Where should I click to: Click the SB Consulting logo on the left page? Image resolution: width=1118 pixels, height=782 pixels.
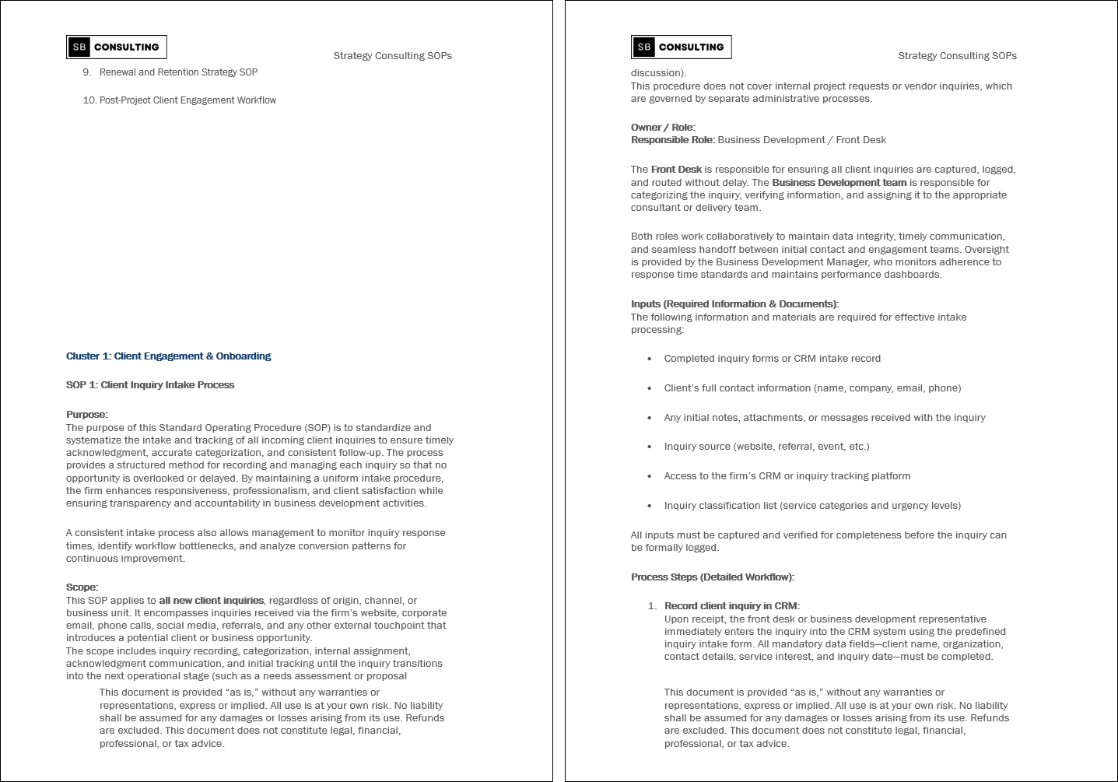tap(117, 47)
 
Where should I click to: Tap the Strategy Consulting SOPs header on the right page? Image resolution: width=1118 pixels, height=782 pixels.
tap(957, 56)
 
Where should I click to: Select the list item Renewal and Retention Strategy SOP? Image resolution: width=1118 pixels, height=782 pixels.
tap(178, 72)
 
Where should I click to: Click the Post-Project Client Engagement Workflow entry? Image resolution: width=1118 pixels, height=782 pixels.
tap(188, 100)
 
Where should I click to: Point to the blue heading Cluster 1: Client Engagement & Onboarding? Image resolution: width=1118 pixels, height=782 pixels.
tap(168, 356)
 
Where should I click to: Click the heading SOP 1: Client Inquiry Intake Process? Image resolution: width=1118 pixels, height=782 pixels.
tap(150, 385)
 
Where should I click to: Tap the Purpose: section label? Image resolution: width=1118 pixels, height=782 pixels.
tap(86, 415)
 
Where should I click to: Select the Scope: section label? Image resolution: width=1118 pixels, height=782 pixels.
tap(82, 587)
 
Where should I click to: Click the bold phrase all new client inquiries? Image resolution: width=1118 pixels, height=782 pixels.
tap(211, 601)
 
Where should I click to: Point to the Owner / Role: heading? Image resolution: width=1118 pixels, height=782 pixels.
tap(663, 128)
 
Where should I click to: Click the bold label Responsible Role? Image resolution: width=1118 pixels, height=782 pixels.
tap(672, 140)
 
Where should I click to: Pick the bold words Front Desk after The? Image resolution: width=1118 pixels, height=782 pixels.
tap(676, 170)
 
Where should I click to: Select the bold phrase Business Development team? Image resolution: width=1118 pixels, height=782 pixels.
tap(839, 183)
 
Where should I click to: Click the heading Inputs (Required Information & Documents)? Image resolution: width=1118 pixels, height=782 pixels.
tap(734, 304)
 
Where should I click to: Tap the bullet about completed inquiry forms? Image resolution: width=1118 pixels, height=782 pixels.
tap(772, 359)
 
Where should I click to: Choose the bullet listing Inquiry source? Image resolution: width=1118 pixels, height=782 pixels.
tap(766, 447)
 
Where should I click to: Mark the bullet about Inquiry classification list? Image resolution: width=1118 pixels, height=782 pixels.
tap(812, 506)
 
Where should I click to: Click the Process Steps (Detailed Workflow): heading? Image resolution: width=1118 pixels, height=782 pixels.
tap(712, 577)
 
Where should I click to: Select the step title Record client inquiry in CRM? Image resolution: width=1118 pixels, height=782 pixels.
tap(731, 606)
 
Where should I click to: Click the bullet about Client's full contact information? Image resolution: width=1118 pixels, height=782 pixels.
tap(812, 388)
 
